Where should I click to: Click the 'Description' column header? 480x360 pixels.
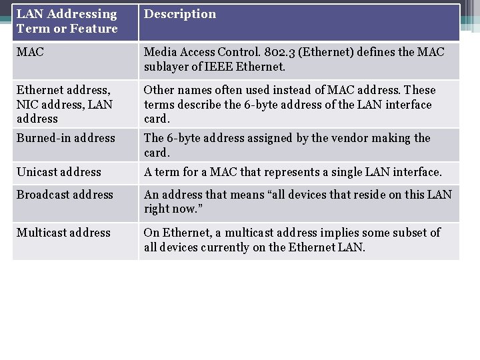click(180, 14)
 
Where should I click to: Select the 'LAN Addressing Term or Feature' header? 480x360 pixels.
click(67, 21)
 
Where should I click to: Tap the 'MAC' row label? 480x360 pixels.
click(30, 52)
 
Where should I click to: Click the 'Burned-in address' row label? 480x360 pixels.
click(66, 138)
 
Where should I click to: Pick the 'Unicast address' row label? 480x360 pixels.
click(59, 172)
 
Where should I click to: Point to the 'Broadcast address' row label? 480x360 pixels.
click(65, 195)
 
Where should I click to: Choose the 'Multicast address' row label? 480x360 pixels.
click(63, 233)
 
